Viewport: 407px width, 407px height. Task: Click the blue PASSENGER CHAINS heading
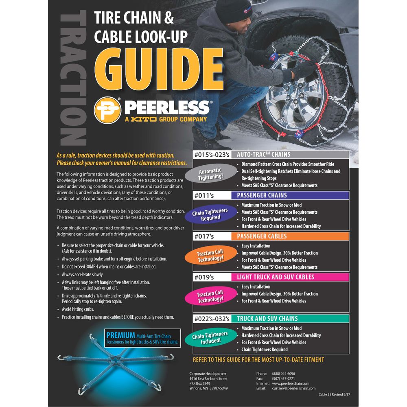(262, 195)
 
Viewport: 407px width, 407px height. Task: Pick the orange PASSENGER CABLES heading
(262, 236)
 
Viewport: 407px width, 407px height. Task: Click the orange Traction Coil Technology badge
(210, 256)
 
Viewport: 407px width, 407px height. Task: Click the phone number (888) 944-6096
(284, 374)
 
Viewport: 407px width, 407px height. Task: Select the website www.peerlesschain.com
(291, 383)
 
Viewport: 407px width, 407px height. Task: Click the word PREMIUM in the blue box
(120, 335)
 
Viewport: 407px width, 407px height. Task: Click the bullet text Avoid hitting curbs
(78, 309)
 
